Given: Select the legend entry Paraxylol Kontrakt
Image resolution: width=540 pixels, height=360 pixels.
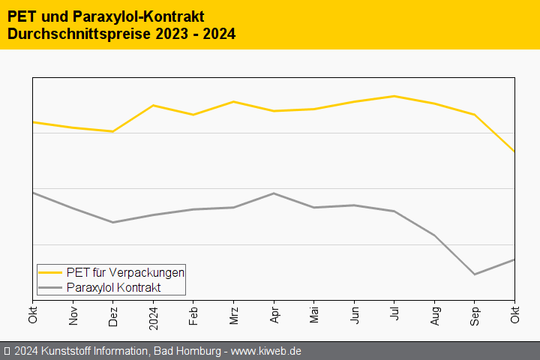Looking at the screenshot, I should coord(113,287).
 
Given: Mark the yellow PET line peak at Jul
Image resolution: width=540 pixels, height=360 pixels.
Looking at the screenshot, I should coord(394,96).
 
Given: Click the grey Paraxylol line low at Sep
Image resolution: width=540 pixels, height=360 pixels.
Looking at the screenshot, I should coord(475,274).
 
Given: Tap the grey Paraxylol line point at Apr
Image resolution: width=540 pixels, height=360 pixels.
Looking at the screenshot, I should coord(274,193).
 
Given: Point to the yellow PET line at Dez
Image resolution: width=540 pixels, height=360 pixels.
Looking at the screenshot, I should coord(113,131).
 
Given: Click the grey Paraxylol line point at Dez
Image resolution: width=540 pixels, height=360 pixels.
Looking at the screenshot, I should coord(113,222).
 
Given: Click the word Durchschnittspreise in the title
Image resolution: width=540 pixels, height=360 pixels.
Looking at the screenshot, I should coord(73,34).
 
